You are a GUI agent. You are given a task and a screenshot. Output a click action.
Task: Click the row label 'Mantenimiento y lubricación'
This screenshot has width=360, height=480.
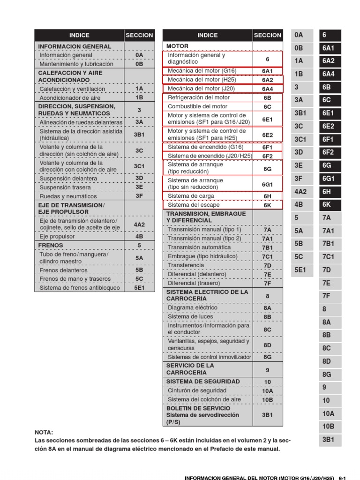pos(76,64)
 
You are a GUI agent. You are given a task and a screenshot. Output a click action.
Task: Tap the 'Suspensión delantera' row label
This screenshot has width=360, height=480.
pos(68,179)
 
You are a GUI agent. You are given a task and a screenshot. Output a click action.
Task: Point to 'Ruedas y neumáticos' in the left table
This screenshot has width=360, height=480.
pos(68,196)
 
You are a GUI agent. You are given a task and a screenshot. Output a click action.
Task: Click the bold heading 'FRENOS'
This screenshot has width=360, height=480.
pos(50,245)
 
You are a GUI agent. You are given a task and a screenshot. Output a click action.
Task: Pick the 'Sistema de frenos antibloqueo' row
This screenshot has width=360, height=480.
pos(80,288)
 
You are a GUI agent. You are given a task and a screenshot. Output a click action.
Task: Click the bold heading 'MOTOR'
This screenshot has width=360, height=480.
pos(177,46)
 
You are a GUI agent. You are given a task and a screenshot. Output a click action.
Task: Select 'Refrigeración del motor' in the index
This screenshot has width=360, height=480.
pos(199,98)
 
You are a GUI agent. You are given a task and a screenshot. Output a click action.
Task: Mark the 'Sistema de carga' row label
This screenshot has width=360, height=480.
pos(191,196)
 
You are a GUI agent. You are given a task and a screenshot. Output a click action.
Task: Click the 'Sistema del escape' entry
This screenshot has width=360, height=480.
pos(194,205)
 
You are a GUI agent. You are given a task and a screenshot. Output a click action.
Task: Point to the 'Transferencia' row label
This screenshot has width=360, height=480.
pos(186,265)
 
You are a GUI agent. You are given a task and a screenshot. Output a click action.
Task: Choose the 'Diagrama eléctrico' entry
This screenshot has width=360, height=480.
pos(193,308)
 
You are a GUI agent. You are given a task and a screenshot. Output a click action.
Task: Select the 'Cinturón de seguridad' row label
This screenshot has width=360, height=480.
pos(197,390)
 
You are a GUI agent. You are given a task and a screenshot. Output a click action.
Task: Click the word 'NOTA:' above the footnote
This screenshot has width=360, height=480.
pos(44,432)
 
